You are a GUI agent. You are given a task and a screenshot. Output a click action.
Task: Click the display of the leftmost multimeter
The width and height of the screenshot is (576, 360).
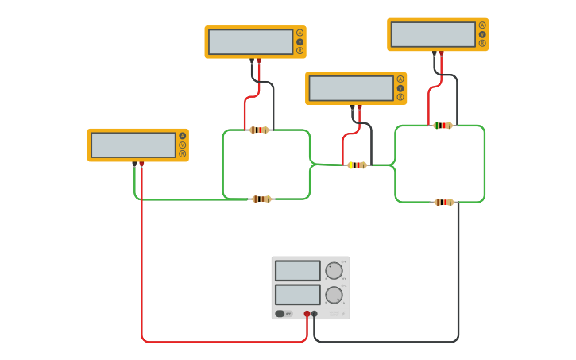click(133, 145)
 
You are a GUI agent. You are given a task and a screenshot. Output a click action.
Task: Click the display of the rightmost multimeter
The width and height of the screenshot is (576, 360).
click(433, 34)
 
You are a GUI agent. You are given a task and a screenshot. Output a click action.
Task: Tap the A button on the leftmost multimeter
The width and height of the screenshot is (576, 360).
click(182, 136)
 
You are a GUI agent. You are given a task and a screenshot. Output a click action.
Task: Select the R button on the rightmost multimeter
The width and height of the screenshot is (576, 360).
click(482, 43)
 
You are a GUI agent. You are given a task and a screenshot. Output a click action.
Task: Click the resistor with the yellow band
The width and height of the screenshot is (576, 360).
click(357, 165)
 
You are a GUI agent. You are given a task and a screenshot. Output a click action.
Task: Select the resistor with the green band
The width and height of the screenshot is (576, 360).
click(443, 126)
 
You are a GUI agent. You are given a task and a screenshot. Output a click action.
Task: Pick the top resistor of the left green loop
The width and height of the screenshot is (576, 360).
click(259, 130)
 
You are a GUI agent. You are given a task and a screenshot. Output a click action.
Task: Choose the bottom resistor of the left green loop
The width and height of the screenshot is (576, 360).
click(261, 199)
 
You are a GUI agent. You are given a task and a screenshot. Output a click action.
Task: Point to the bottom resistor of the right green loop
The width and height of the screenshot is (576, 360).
click(443, 202)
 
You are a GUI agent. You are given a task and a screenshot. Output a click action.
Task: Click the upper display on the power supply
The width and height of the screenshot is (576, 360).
click(298, 271)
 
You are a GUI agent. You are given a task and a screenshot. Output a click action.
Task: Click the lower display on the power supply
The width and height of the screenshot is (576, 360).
click(298, 294)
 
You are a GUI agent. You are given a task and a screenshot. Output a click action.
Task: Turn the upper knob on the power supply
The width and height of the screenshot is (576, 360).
click(334, 271)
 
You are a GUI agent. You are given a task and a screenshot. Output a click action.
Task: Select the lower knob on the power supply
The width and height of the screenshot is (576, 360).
click(334, 295)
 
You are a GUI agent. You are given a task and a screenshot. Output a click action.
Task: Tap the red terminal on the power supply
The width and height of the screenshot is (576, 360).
click(307, 314)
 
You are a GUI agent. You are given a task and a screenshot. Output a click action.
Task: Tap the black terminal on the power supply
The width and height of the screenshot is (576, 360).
click(315, 314)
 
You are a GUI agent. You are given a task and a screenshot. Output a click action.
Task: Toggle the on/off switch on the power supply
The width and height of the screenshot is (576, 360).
click(280, 314)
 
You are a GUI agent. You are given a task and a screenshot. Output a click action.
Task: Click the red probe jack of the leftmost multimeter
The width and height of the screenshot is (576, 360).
click(141, 164)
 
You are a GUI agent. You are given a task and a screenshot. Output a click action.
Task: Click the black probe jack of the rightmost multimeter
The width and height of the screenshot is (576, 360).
click(435, 53)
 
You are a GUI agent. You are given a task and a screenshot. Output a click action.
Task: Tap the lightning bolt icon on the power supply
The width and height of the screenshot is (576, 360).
click(344, 314)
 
